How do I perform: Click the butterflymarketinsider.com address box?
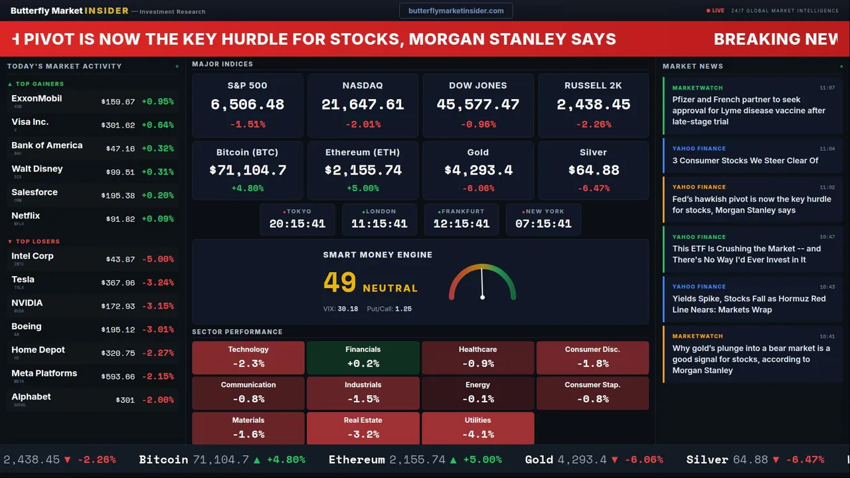456,11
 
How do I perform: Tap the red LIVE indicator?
716,11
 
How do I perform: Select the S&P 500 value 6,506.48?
247,105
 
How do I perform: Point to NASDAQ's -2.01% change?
363,124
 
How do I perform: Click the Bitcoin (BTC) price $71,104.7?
248,171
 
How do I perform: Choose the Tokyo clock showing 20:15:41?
297,224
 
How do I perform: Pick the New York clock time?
543,224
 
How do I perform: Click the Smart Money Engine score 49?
340,283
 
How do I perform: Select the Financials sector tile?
363,357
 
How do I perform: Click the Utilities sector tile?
477,428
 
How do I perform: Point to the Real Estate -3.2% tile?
363,428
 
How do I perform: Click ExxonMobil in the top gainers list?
37,98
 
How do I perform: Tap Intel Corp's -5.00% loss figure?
157,259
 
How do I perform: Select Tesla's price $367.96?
118,283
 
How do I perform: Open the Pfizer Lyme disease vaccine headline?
748,110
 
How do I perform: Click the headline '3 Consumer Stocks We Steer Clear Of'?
745,160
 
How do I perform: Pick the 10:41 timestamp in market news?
827,337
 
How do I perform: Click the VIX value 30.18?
347,309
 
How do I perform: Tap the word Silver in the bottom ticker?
707,459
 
